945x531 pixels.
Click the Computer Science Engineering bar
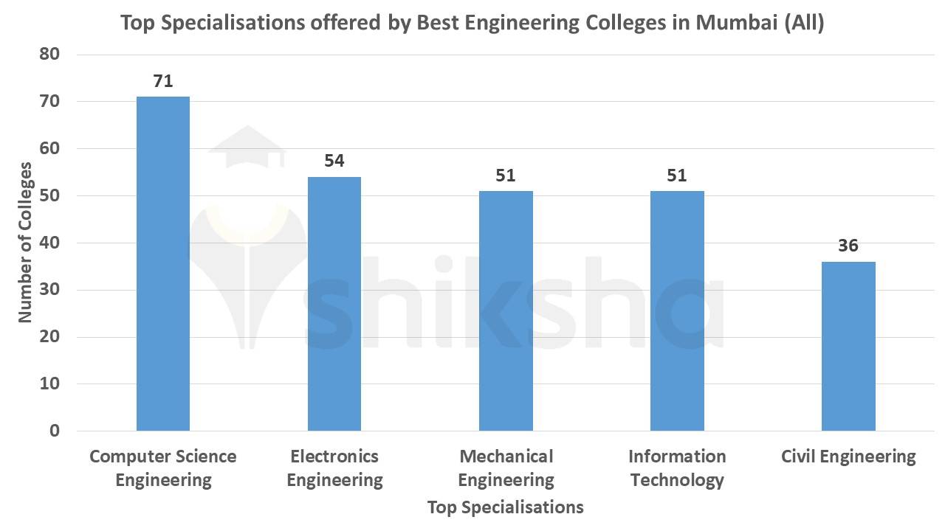[x=163, y=263]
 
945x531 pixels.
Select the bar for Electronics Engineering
[x=334, y=304]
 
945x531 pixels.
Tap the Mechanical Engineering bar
[x=506, y=310]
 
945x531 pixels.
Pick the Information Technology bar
[x=677, y=310]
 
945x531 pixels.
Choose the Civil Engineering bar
[x=848, y=346]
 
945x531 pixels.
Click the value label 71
[x=163, y=81]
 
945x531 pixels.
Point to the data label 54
[x=334, y=161]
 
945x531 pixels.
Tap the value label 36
[x=848, y=246]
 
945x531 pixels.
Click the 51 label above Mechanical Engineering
[x=506, y=176]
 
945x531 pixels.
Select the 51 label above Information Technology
[x=677, y=176]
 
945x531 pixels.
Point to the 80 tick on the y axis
[x=49, y=55]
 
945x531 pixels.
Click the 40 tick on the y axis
[x=49, y=243]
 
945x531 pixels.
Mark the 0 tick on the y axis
[x=55, y=431]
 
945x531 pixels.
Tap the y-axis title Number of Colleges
[x=26, y=243]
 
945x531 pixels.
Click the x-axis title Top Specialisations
[x=505, y=507]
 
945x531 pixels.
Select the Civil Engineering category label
[x=848, y=457]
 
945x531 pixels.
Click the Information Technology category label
[x=677, y=468]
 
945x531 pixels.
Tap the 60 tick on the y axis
[x=49, y=149]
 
